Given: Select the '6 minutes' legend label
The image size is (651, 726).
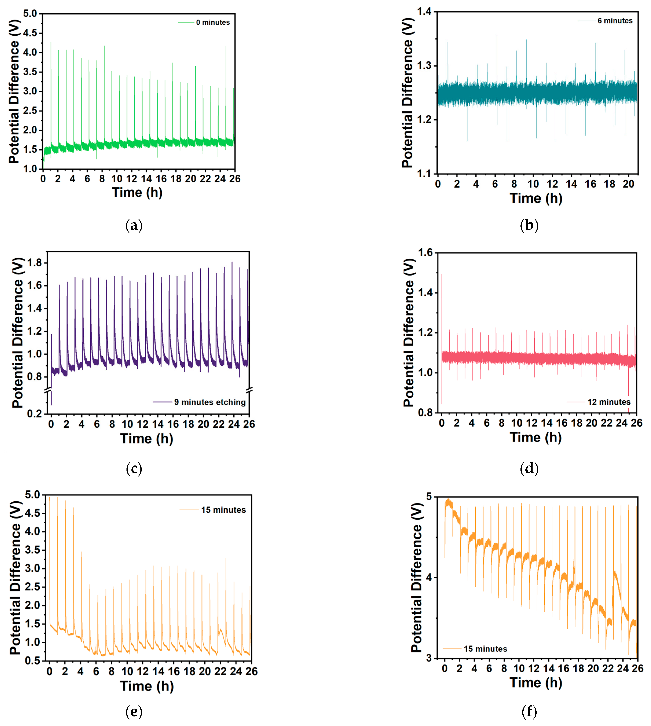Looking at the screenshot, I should pos(615,21).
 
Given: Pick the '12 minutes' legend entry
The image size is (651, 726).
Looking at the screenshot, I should pos(609,402).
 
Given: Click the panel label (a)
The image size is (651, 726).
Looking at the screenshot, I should pos(134,225).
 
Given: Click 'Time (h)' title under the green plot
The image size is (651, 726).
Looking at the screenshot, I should pos(137,192).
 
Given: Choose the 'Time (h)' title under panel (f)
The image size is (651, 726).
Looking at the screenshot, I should pos(536,682).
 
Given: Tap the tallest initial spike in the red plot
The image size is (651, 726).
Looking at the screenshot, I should pos(442,275).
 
